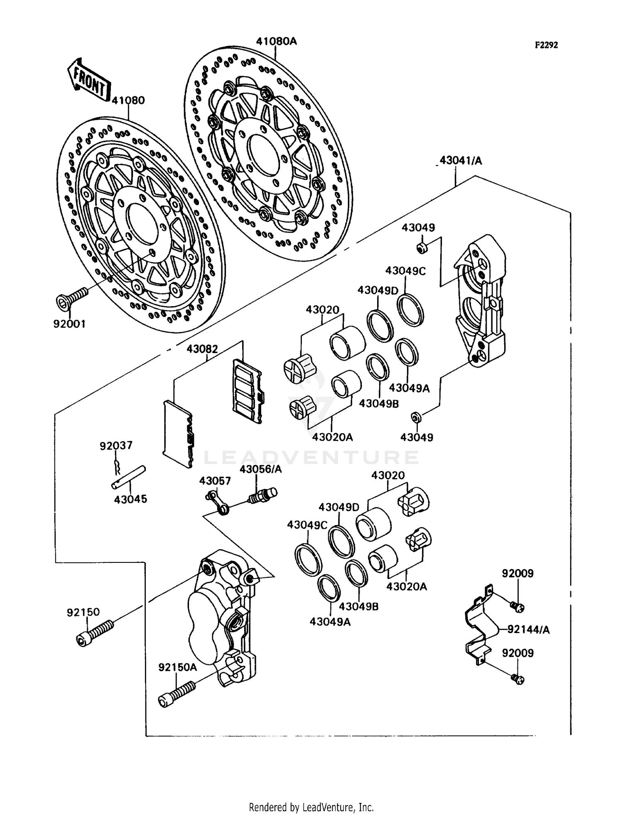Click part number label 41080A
(276, 41)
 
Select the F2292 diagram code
(546, 45)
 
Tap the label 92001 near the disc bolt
(69, 324)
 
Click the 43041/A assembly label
(461, 160)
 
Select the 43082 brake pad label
(202, 349)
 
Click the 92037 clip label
(116, 446)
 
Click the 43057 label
(215, 481)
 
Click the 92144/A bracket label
(528, 630)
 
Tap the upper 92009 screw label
(518, 573)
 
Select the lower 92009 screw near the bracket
(518, 680)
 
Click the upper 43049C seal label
(405, 271)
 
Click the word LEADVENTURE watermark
(311, 458)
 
